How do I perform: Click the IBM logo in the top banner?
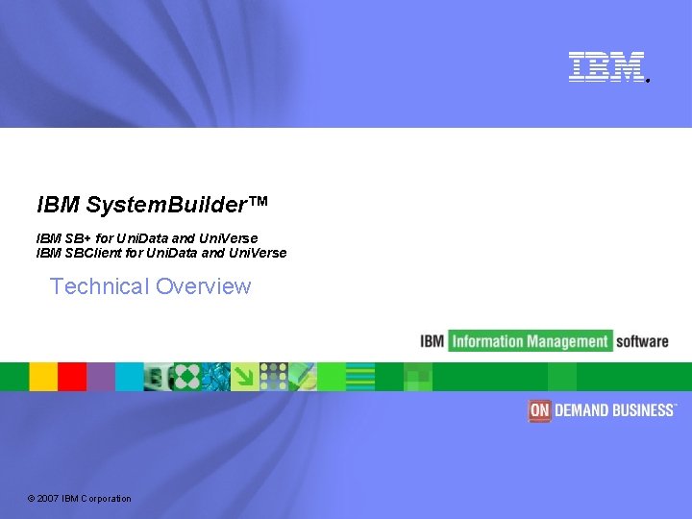(605, 66)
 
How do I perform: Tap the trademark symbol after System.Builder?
(259, 202)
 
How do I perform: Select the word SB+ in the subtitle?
(76, 238)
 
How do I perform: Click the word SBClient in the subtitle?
(95, 253)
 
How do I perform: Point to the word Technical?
(99, 286)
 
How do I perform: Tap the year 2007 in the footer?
(49, 498)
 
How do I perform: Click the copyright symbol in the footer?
(31, 498)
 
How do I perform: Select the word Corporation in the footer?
(107, 498)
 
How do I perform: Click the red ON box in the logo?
(539, 410)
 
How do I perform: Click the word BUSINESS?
(643, 410)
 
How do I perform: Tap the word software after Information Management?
(642, 341)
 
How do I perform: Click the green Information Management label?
(530, 341)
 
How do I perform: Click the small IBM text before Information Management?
(432, 341)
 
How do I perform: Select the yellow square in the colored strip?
(43, 377)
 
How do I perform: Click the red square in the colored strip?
(72, 377)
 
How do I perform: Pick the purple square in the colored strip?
(101, 377)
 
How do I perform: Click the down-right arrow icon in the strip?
(245, 377)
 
